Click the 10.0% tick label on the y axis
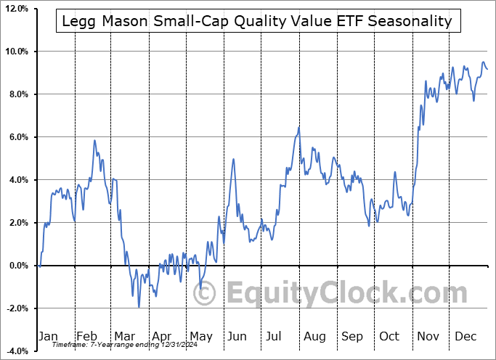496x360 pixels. click(x=15, y=52)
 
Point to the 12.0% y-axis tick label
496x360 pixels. click(x=15, y=9)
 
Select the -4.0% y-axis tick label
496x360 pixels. click(x=16, y=351)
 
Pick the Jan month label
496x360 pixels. click(x=47, y=336)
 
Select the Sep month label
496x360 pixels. click(x=351, y=336)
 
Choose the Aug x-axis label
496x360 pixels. click(x=314, y=336)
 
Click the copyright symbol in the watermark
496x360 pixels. click(x=206, y=293)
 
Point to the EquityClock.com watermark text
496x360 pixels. click(x=337, y=293)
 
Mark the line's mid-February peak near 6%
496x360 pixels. click(x=94, y=140)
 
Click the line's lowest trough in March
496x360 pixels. click(x=139, y=307)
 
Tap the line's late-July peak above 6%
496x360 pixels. click(x=298, y=128)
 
